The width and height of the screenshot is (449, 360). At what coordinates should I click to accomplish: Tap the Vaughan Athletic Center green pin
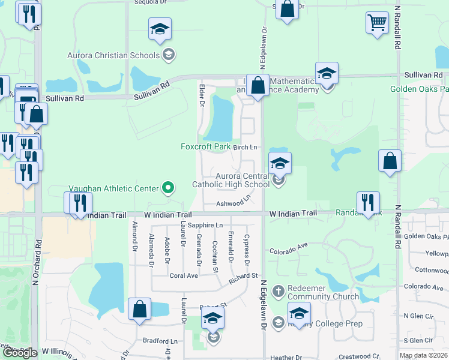point(169,188)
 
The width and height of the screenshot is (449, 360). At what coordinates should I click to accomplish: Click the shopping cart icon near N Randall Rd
point(376,23)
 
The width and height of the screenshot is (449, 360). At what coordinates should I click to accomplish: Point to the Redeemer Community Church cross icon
point(278,292)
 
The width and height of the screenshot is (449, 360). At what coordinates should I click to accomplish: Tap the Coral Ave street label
point(183,276)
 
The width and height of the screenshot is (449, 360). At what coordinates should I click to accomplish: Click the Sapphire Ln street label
point(205,225)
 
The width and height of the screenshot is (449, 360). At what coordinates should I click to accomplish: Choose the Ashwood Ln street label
point(234,203)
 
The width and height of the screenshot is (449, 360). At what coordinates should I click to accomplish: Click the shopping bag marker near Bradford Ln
point(139,310)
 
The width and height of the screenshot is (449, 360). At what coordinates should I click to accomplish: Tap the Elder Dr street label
point(202,95)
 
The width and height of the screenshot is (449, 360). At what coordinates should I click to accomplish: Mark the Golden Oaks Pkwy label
point(426,236)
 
